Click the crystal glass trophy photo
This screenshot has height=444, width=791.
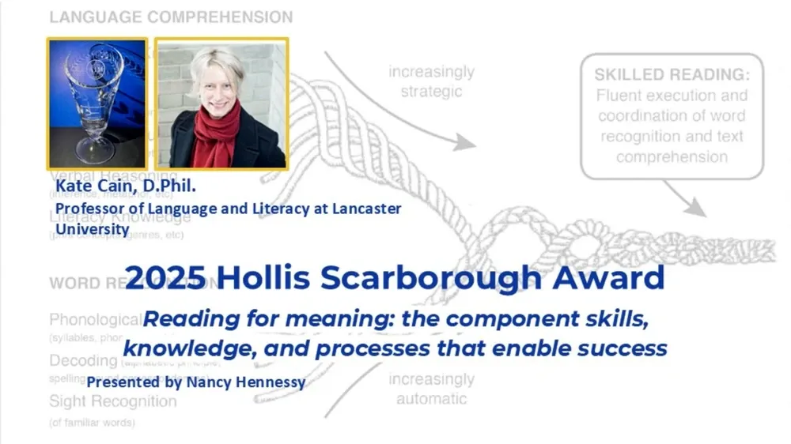click(97, 103)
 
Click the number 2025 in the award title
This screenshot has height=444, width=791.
click(166, 278)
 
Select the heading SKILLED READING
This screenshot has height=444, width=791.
click(672, 75)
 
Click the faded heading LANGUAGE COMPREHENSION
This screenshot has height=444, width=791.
click(171, 17)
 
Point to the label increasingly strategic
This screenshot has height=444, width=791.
click(431, 81)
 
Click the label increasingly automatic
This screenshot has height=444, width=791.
click(431, 389)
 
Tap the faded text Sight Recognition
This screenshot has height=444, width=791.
click(113, 401)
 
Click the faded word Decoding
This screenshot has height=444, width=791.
click(83, 361)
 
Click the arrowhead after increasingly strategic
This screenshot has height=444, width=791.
click(467, 142)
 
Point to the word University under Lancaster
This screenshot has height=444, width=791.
click(92, 229)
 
